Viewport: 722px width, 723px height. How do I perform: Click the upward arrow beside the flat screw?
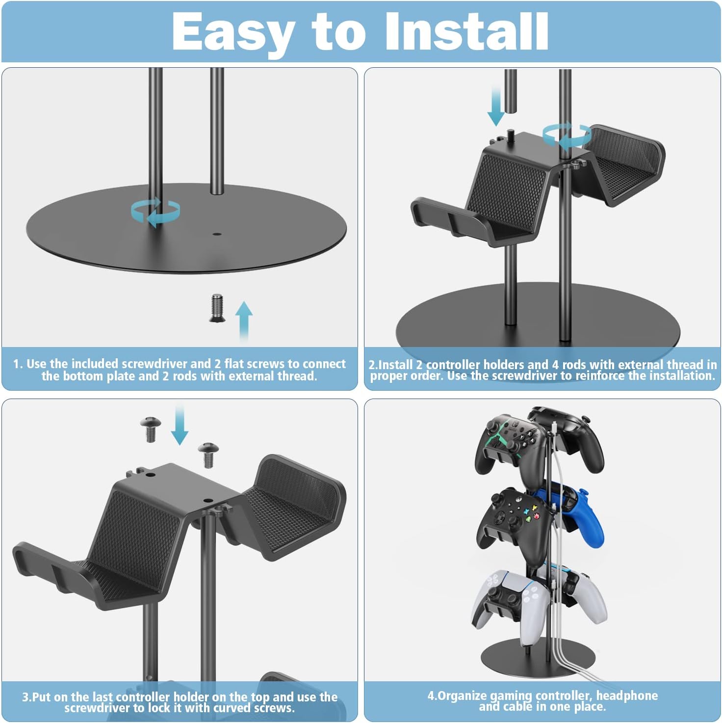(x=244, y=320)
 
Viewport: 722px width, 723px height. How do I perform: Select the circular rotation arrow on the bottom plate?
(x=155, y=212)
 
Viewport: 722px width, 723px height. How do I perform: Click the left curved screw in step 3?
(x=149, y=428)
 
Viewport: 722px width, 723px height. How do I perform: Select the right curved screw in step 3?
(x=208, y=454)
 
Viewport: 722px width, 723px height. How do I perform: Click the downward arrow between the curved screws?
(x=180, y=425)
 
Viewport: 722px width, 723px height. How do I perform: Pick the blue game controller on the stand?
(x=584, y=513)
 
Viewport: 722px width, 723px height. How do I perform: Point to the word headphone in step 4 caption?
(x=626, y=696)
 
